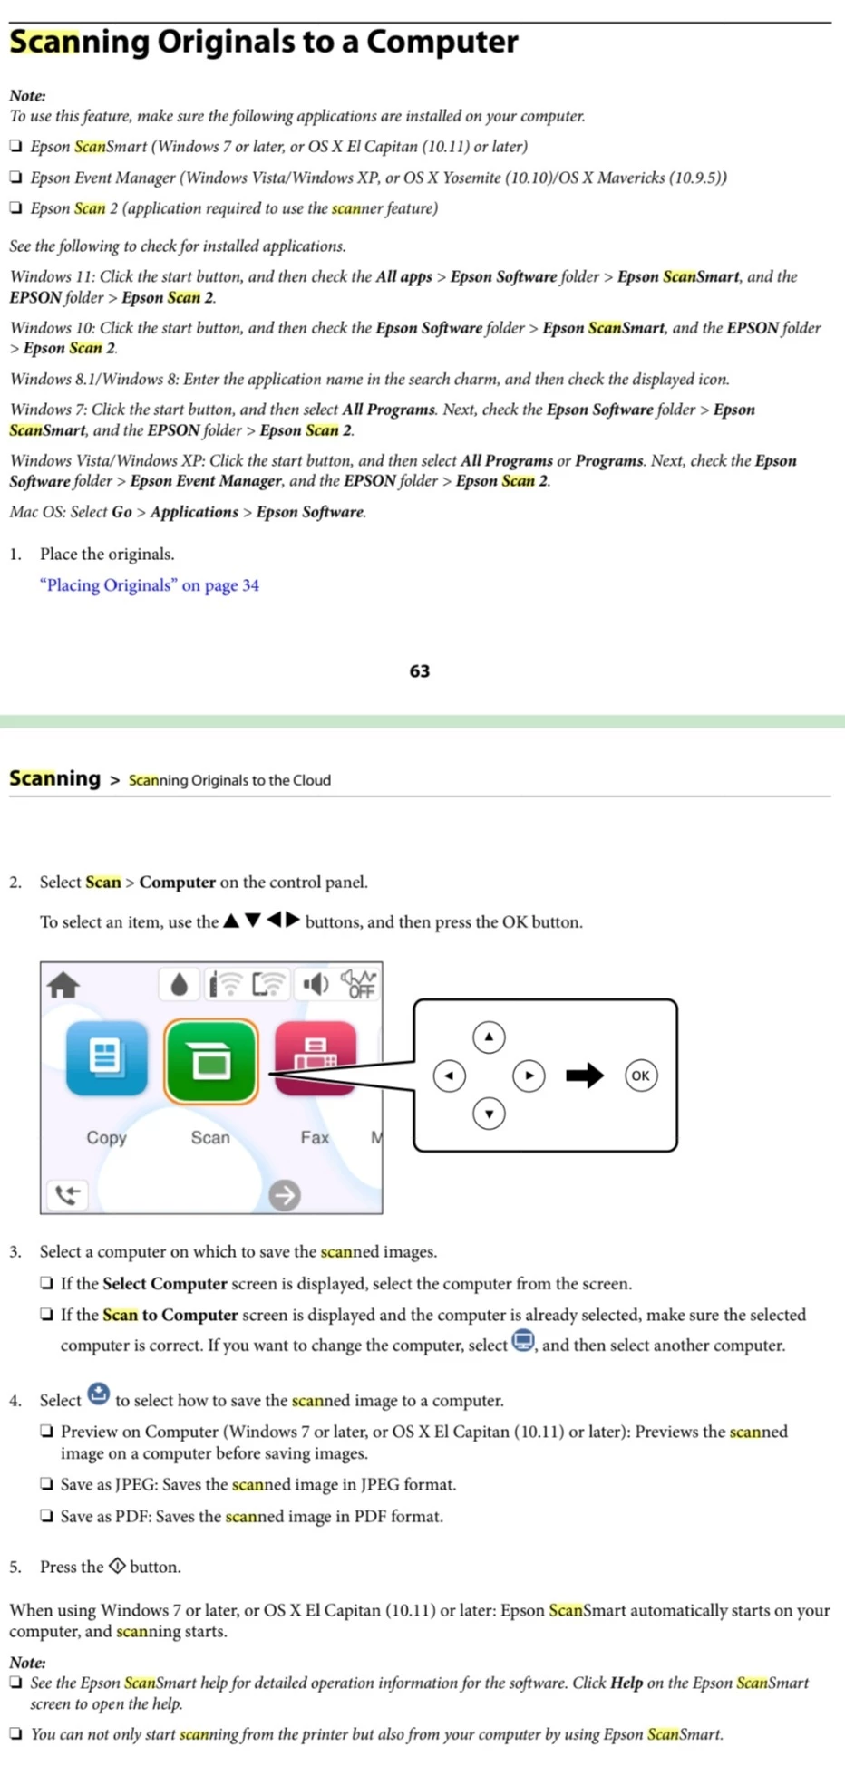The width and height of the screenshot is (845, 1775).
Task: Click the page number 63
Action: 419,671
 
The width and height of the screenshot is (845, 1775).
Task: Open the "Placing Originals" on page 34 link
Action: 150,585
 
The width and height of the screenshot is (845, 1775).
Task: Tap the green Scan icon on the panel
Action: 210,1061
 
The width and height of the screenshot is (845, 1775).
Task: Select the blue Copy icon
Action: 106,1058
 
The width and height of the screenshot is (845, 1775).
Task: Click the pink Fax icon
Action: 315,1058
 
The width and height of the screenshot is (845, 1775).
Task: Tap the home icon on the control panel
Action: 63,985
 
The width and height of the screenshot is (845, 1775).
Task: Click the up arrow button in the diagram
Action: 489,1037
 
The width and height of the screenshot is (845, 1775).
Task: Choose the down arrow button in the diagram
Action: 489,1114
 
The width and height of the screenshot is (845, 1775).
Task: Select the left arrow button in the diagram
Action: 450,1076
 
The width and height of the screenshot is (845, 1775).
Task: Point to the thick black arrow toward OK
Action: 584,1076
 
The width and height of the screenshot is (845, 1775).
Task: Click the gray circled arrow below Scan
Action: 285,1195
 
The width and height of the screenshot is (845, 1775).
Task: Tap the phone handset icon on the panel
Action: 67,1195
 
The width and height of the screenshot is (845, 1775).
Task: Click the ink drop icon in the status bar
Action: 179,984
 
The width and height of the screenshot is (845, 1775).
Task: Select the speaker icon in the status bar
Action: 315,984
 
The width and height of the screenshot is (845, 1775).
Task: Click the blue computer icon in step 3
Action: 523,1340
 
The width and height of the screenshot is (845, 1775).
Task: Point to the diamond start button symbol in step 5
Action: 117,1566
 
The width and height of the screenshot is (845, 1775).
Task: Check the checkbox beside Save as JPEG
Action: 46,1484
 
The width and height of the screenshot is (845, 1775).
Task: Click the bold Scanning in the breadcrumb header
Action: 54,778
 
